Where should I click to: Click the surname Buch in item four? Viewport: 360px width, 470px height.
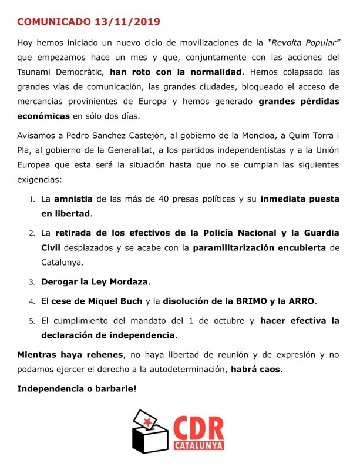(x=129, y=302)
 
